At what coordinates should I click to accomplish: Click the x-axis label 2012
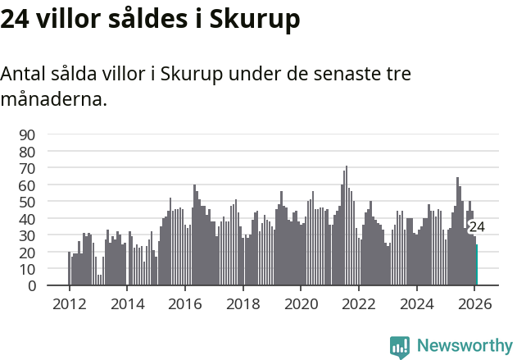[69, 303]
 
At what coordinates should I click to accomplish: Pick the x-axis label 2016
[184, 303]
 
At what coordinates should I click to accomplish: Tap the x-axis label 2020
[301, 303]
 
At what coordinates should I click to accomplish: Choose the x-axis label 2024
[416, 303]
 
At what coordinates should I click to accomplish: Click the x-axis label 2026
[474, 303]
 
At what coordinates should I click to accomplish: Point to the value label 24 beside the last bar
[477, 227]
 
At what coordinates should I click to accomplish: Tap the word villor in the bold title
[70, 19]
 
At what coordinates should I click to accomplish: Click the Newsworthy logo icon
[400, 347]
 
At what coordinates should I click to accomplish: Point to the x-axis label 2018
[243, 303]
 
